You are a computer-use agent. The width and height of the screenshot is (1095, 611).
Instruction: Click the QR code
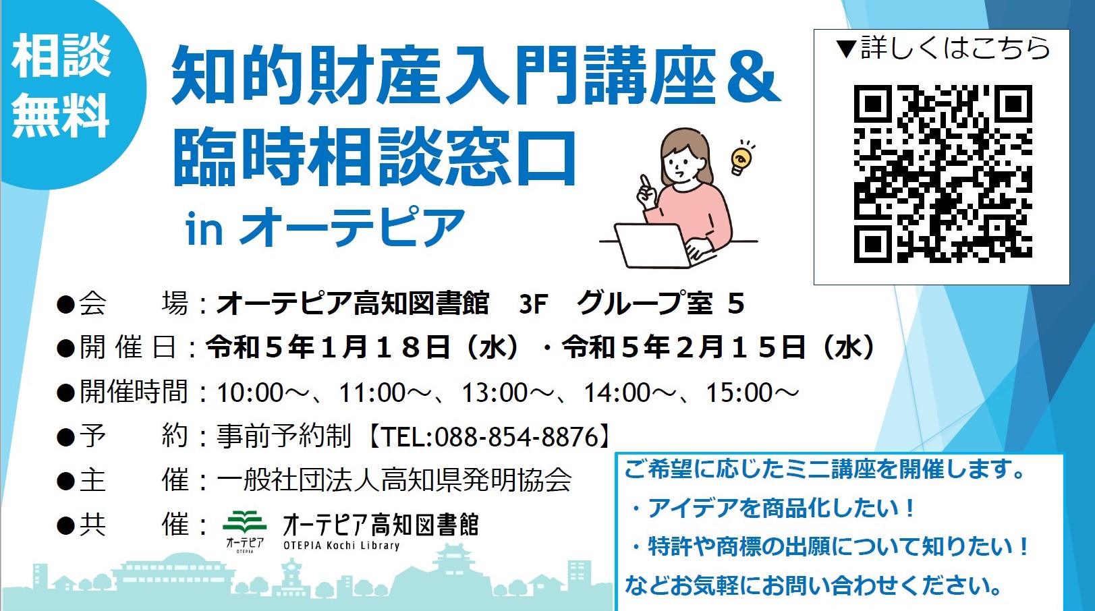point(943,173)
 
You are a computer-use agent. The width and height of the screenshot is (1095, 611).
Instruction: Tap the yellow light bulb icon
point(741,157)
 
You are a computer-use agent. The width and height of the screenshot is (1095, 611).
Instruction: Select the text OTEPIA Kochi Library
point(341,546)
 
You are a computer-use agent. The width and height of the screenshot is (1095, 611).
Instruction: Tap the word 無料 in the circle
point(61,115)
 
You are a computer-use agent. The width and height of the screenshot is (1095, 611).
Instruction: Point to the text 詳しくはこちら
point(955,48)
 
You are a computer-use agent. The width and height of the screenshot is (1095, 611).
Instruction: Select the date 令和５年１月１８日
point(327,347)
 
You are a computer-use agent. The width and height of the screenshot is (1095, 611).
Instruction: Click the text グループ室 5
point(661,303)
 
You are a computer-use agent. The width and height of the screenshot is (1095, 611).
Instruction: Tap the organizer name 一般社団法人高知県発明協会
point(394,479)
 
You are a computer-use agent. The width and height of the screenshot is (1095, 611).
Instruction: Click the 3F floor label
point(533,304)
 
